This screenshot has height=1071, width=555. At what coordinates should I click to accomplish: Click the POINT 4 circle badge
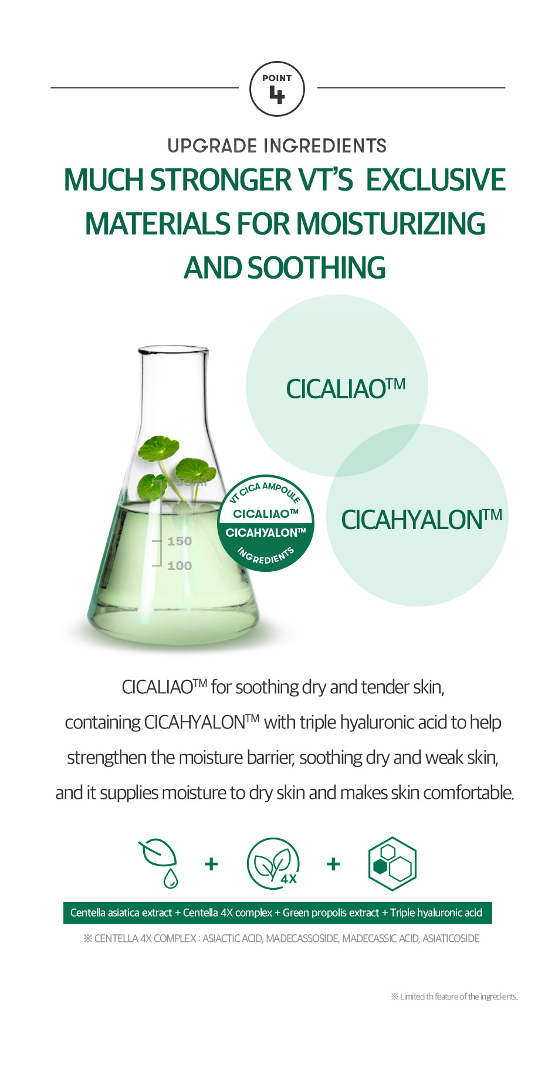click(x=277, y=89)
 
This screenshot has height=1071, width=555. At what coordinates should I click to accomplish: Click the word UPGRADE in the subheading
click(x=212, y=146)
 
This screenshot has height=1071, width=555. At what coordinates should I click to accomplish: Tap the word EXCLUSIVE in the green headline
click(x=436, y=180)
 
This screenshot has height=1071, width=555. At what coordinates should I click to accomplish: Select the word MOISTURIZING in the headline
click(x=391, y=224)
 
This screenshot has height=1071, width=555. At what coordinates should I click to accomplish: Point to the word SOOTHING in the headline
click(x=316, y=268)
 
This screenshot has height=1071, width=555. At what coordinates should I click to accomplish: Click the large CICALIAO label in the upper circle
click(x=346, y=389)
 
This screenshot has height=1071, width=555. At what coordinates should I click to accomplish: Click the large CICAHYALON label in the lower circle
click(x=422, y=520)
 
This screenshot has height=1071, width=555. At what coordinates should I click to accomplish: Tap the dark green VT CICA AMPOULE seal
click(x=266, y=523)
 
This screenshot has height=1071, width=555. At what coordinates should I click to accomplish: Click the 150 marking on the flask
click(x=180, y=541)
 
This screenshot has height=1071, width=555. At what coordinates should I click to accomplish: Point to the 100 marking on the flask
click(x=180, y=566)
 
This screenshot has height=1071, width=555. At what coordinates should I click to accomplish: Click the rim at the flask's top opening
click(x=173, y=350)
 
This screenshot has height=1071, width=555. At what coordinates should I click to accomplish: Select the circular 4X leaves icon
click(x=273, y=864)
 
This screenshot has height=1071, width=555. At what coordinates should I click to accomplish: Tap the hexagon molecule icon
click(x=392, y=864)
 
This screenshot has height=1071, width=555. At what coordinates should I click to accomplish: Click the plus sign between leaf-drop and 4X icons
click(x=211, y=864)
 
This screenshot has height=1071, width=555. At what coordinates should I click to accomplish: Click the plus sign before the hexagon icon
click(x=333, y=864)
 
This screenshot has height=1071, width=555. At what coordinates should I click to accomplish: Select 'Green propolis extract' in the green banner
click(x=331, y=913)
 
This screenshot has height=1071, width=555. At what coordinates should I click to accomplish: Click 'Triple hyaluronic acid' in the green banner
click(x=436, y=913)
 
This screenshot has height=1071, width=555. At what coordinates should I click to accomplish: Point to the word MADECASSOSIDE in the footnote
click(x=302, y=938)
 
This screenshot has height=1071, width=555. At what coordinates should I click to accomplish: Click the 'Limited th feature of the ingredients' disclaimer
click(x=454, y=997)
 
